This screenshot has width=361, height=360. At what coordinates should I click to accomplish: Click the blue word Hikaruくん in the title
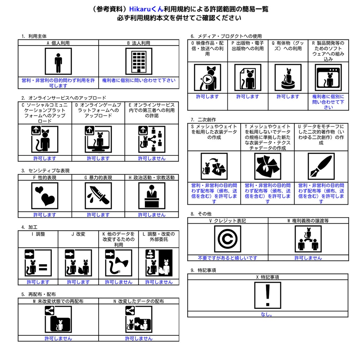tap(146, 9)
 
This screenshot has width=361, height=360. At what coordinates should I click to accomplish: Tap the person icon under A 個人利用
tap(58, 61)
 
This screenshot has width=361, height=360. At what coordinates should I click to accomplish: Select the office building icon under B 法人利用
tap(139, 61)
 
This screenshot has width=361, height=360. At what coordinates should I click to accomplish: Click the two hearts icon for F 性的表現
tap(45, 196)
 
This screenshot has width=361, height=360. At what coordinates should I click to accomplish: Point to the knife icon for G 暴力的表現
tap(98, 196)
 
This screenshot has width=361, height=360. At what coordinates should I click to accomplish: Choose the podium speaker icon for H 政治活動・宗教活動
tap(152, 196)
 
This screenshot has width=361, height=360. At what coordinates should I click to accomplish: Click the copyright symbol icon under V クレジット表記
tap(228, 239)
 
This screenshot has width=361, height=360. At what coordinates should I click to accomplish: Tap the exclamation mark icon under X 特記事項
tap(268, 295)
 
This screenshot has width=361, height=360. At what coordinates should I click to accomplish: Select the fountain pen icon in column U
tap(321, 166)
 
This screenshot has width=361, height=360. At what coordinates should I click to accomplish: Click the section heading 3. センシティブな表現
tap(45, 171)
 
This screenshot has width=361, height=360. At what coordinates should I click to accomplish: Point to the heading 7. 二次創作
tap(203, 120)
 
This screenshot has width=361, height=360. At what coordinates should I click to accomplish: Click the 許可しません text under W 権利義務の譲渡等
tap(308, 258)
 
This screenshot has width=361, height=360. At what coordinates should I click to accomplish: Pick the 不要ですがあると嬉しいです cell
tap(228, 258)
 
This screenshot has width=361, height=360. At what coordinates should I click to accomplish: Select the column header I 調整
tap(38, 234)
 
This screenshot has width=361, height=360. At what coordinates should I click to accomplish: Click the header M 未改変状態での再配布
tap(58, 301)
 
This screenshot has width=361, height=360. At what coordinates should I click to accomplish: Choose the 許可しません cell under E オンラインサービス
tap(152, 158)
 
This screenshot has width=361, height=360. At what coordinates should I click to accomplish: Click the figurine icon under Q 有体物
tap(288, 77)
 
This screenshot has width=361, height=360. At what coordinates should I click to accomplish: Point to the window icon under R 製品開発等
tap(328, 77)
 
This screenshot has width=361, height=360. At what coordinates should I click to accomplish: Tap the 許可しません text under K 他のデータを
tap(118, 282)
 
